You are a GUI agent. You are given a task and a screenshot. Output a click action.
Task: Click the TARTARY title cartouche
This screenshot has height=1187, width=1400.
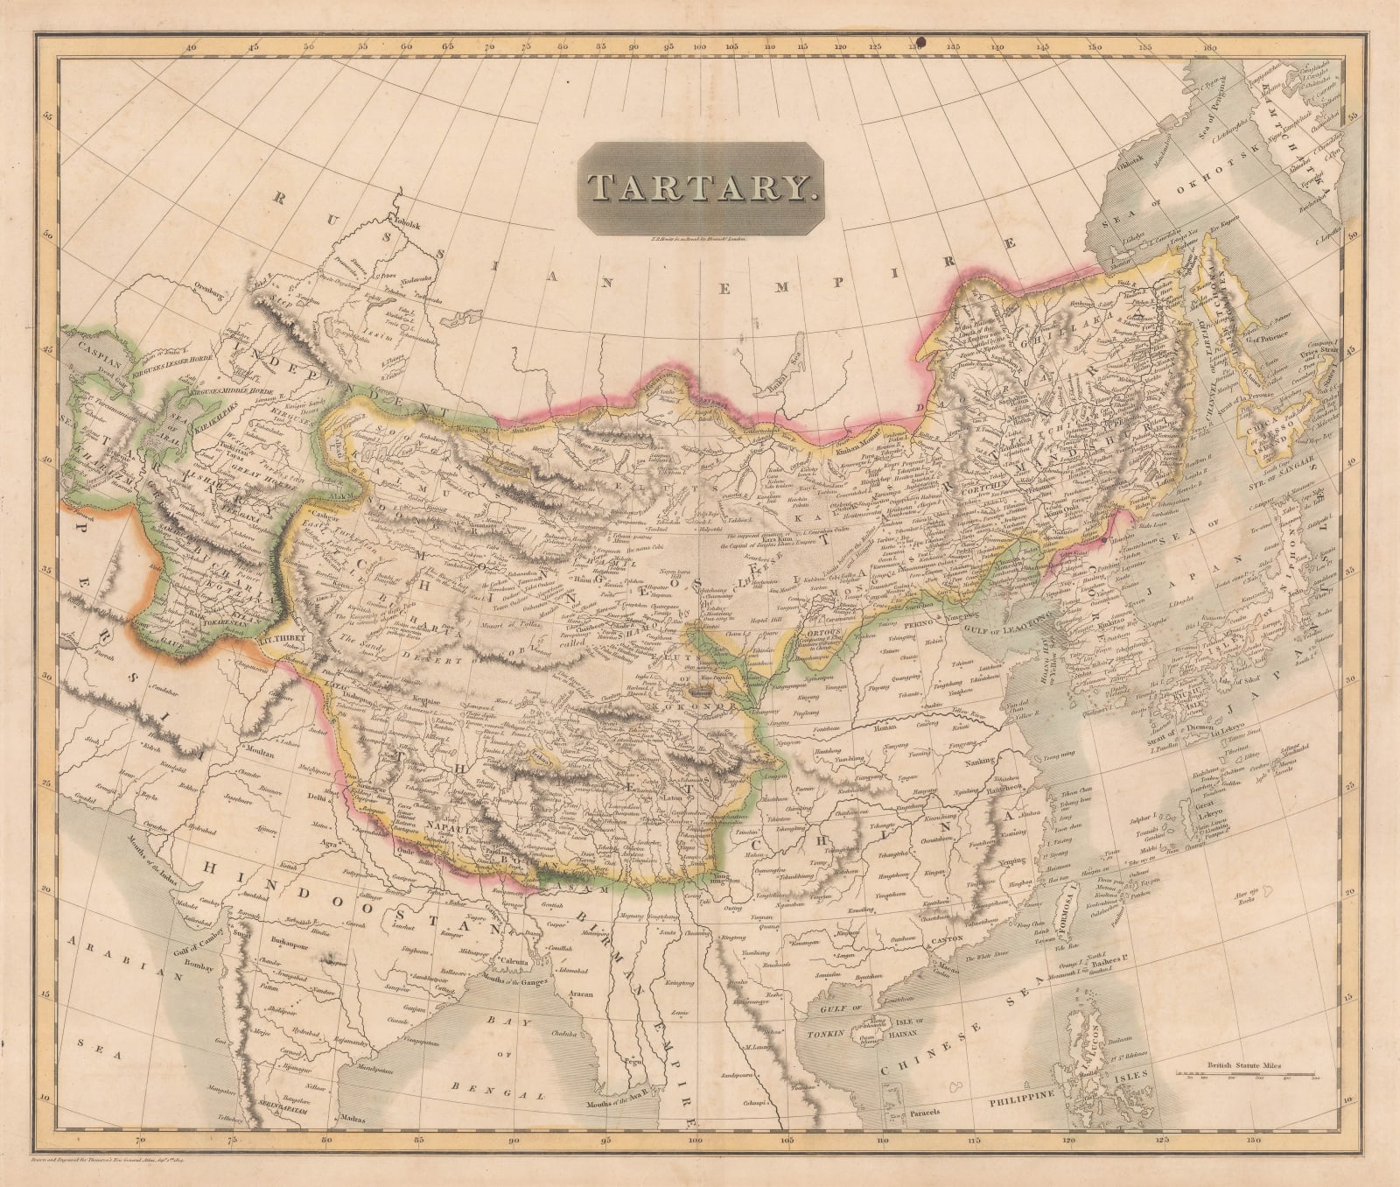tap(692, 188)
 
